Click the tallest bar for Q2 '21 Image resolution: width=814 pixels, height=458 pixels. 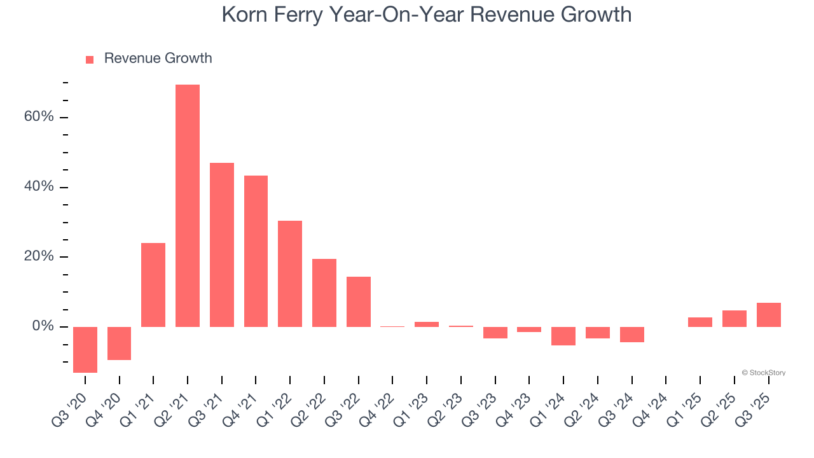click(188, 205)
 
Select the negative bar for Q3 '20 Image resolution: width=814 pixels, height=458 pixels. click(85, 349)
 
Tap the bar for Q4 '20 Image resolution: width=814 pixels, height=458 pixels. click(120, 343)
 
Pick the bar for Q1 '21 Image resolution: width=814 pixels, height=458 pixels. click(153, 284)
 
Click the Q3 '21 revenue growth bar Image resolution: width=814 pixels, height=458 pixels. click(222, 245)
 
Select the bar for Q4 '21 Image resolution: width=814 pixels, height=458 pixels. click(256, 251)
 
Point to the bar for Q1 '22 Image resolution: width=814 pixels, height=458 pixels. click(290, 274)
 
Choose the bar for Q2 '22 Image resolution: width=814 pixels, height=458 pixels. click(324, 293)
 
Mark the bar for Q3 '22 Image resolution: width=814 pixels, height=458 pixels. click(359, 302)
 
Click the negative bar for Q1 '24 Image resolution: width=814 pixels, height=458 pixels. click(563, 336)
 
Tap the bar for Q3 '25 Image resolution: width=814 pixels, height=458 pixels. click(769, 315)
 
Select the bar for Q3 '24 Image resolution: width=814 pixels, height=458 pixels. click(632, 335)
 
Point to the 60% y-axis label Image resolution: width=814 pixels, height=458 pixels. click(39, 118)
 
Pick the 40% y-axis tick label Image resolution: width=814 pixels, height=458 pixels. click(39, 187)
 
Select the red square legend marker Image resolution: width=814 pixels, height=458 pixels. click(90, 59)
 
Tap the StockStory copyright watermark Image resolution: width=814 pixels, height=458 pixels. click(763, 373)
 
